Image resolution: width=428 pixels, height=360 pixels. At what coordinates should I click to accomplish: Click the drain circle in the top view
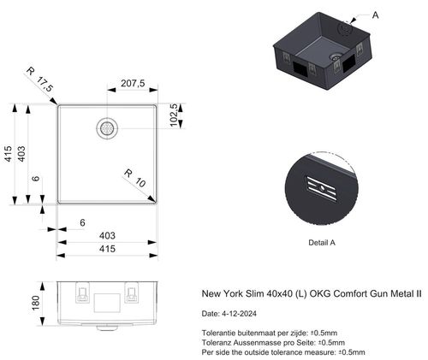(106, 127)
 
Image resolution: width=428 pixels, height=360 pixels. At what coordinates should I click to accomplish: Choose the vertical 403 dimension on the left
(23, 154)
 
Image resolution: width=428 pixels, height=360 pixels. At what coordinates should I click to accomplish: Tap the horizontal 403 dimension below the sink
(107, 234)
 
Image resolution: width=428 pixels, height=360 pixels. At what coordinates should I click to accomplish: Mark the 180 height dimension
(35, 303)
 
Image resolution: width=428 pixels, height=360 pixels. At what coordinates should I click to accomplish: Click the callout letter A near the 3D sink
(376, 15)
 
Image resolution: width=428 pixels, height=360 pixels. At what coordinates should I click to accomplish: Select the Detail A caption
(322, 243)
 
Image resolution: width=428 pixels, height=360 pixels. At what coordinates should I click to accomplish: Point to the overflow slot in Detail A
(321, 188)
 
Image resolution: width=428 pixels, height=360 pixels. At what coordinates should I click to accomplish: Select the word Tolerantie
(219, 333)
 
